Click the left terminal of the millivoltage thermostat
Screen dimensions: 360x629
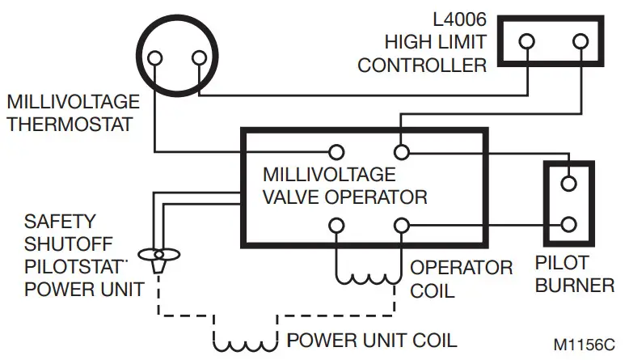(x=153, y=57)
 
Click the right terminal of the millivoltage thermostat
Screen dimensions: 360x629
(x=197, y=57)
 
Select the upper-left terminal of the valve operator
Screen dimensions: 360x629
(x=335, y=151)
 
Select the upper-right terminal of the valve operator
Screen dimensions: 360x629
(x=400, y=151)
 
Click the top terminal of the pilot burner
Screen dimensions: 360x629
(x=570, y=183)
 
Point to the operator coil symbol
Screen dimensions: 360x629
(x=367, y=275)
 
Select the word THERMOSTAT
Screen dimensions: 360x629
(x=70, y=125)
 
